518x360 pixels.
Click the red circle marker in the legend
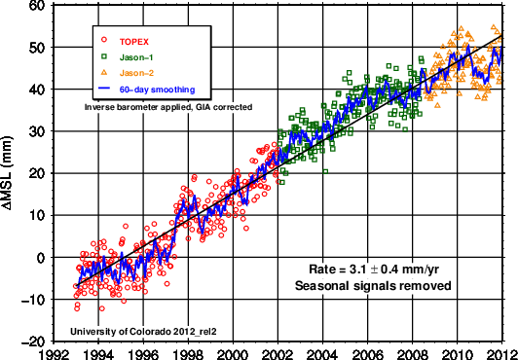104,42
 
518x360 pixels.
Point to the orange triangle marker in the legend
104,74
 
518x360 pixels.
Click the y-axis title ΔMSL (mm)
9,173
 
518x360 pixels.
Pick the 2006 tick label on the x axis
367,353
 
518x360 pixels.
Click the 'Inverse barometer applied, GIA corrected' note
164,105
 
